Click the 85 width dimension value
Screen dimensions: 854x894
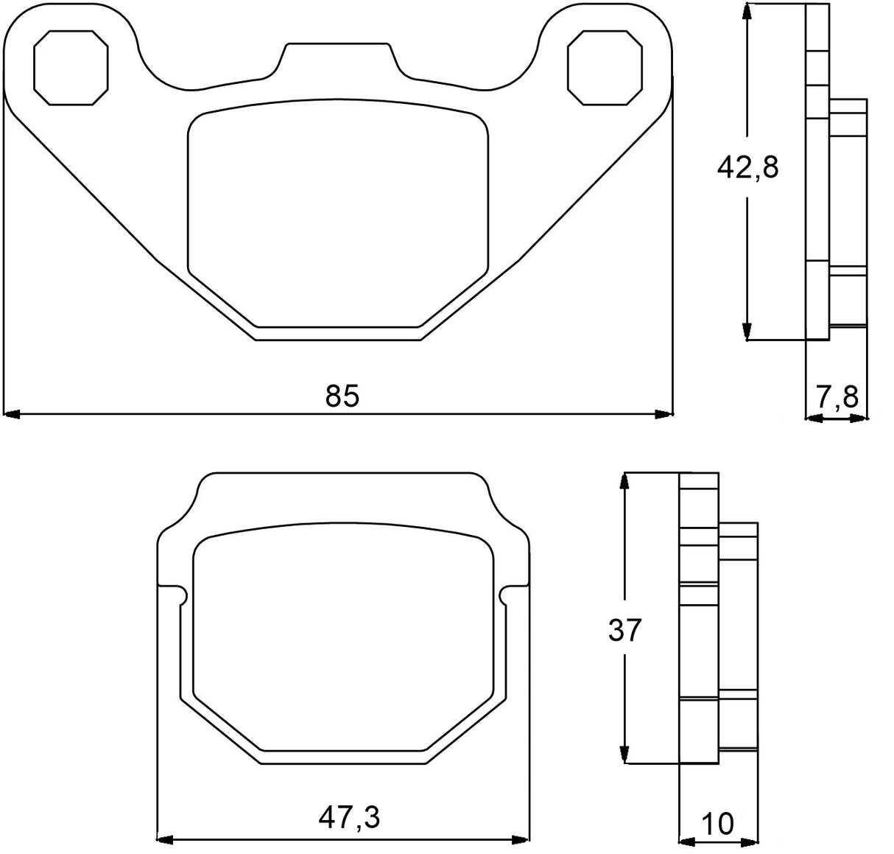tap(342, 396)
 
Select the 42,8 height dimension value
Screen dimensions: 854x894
tap(747, 169)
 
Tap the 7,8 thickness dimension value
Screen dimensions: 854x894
tap(837, 397)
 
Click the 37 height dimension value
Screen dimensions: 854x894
tap(625, 631)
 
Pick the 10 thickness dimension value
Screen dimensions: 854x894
tap(718, 824)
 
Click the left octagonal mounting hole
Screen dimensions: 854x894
tap(71, 67)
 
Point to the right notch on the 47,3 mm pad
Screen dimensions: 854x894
tap(507, 595)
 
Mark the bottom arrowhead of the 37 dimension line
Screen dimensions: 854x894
tap(625, 755)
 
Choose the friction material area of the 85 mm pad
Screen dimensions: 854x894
tap(338, 214)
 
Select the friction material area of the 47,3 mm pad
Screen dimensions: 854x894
tap(343, 641)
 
